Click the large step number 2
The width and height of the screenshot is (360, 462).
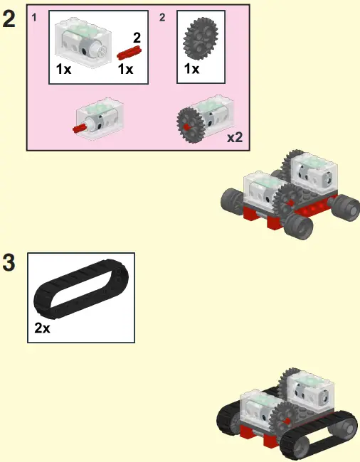click(x=9, y=19)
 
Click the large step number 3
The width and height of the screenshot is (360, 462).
click(x=9, y=263)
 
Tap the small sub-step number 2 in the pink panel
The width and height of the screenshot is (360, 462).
click(x=162, y=16)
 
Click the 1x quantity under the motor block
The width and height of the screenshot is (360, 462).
click(x=64, y=70)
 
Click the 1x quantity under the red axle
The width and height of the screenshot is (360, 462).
click(x=126, y=70)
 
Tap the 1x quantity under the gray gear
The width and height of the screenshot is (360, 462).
click(x=191, y=70)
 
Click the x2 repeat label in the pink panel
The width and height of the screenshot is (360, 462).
click(x=235, y=137)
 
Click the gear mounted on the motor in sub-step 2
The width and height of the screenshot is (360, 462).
click(x=190, y=124)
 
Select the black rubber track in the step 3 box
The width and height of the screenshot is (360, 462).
click(x=80, y=293)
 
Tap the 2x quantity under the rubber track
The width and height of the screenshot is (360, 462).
click(x=42, y=329)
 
